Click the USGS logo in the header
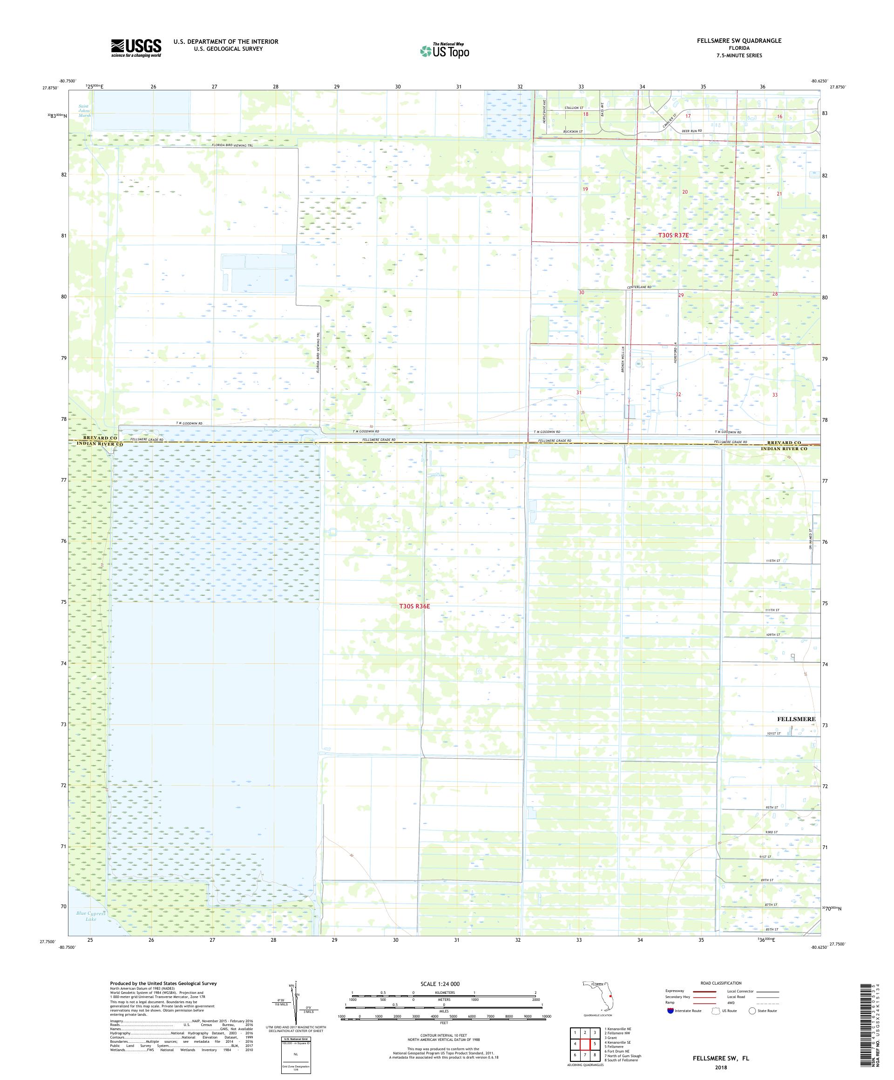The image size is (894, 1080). [136, 48]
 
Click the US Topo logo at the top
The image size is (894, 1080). [445, 50]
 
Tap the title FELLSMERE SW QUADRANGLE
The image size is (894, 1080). [744, 40]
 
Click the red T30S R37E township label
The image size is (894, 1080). [673, 235]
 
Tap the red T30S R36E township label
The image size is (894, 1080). [414, 607]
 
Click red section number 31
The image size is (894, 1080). [579, 392]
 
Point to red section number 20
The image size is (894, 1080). [684, 192]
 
